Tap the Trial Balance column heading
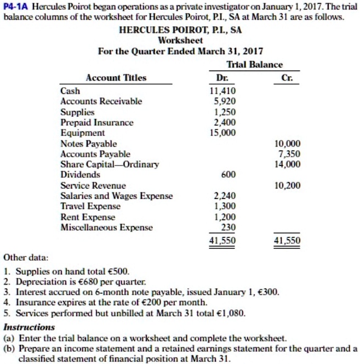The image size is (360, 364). tap(257, 65)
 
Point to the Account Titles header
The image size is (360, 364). tap(116, 78)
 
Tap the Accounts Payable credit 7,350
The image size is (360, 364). tap(289, 153)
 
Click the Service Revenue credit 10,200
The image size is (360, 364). tap(288, 185)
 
